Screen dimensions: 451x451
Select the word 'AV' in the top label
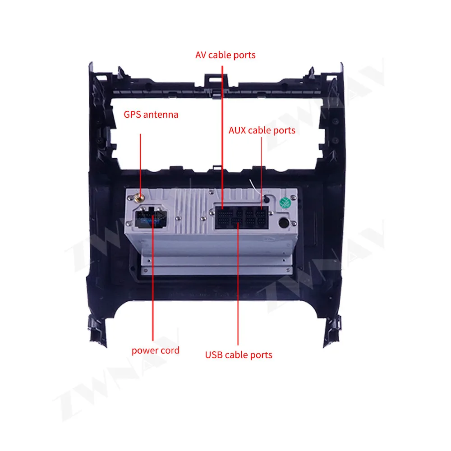(x=201, y=55)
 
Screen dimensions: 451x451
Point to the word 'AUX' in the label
(x=238, y=130)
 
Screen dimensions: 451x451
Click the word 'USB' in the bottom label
(x=214, y=355)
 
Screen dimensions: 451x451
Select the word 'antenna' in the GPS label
(x=161, y=115)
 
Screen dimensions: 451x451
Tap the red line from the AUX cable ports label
(x=262, y=171)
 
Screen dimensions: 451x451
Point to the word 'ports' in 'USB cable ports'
(x=261, y=355)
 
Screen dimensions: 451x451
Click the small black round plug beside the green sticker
(x=267, y=199)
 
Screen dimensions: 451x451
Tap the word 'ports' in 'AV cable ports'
(x=244, y=55)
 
